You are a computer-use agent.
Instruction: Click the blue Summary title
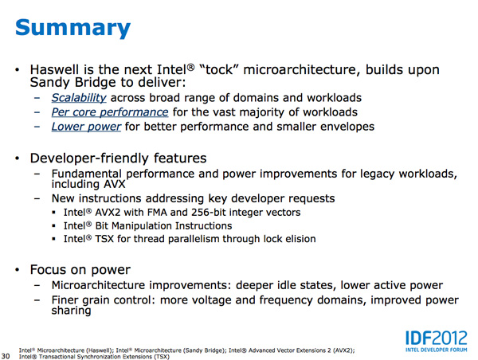(x=72, y=29)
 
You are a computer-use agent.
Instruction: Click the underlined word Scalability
(x=79, y=98)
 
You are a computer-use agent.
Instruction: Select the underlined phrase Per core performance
(x=110, y=112)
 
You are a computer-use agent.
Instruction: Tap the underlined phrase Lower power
(x=86, y=127)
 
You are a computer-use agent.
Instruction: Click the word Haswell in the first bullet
(x=57, y=69)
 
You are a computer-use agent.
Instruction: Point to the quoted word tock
(x=218, y=69)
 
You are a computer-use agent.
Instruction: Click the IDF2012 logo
(x=437, y=338)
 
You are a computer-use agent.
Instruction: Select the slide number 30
(x=6, y=356)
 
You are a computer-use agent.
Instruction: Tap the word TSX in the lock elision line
(x=104, y=239)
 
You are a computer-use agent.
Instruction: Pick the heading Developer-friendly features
(x=118, y=158)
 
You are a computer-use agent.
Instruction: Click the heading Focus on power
(x=80, y=270)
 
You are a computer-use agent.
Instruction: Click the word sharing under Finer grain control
(x=72, y=311)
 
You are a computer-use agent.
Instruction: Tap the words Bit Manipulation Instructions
(x=163, y=226)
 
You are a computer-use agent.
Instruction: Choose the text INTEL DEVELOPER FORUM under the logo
(x=437, y=350)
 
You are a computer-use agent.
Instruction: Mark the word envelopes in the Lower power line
(x=347, y=127)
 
